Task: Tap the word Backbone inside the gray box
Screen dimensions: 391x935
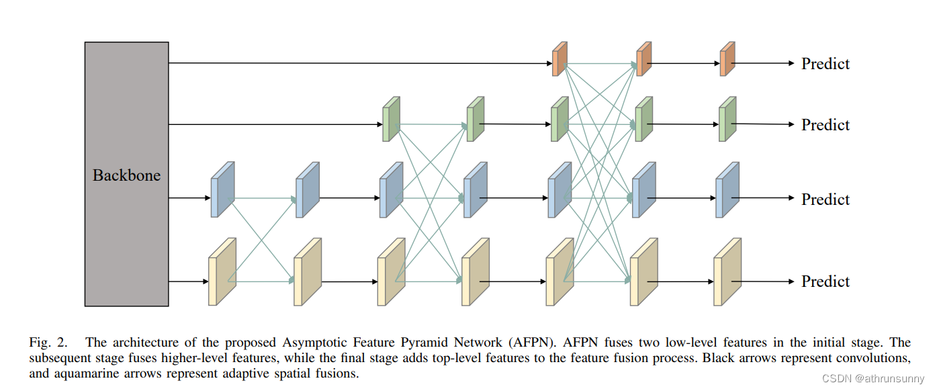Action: point(126,175)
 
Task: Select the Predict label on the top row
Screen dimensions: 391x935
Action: point(825,64)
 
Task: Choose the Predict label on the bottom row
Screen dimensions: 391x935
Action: point(825,281)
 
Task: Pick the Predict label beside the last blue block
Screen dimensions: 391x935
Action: point(825,200)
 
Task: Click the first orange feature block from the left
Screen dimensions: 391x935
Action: point(560,60)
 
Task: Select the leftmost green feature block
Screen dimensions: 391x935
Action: point(391,119)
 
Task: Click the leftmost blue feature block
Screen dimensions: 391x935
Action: point(222,189)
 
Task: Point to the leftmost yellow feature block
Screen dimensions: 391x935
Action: point(222,272)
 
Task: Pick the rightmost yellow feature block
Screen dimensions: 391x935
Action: point(727,272)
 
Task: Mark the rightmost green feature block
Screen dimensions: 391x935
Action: point(727,119)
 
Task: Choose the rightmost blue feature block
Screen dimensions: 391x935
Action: point(727,189)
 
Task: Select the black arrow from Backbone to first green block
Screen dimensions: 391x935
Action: point(275,124)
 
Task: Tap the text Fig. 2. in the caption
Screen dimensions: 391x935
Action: point(48,343)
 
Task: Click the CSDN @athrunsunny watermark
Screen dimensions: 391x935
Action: point(874,378)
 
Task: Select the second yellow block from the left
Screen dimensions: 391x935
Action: point(307,272)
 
